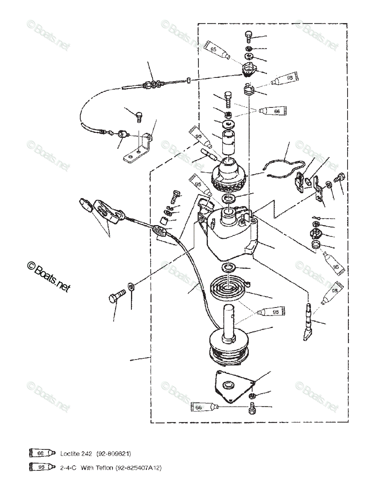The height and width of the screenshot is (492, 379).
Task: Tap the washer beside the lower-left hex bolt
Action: point(130,286)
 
